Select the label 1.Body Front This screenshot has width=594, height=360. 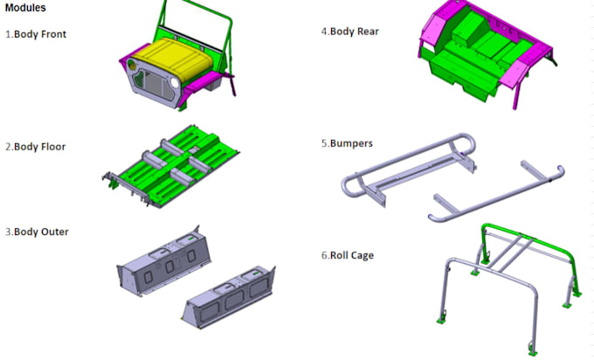click(36, 34)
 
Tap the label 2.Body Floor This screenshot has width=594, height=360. click(36, 147)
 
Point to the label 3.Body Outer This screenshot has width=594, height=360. click(37, 232)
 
